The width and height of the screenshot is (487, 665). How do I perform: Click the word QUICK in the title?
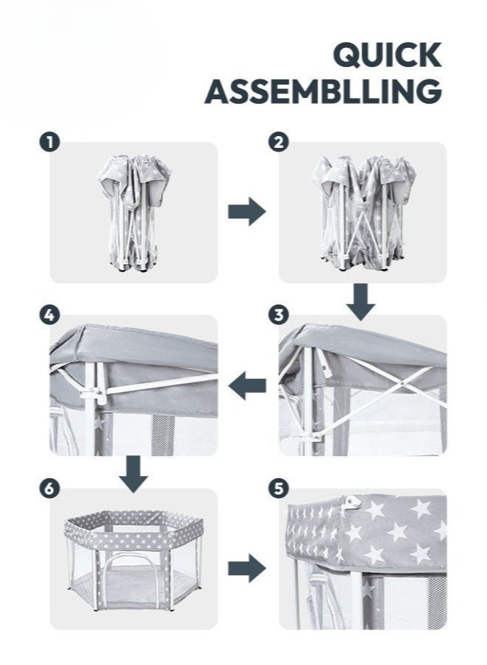point(387,55)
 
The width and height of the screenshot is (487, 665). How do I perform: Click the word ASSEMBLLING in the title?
point(323,91)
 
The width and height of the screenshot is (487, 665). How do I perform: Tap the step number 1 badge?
point(50,142)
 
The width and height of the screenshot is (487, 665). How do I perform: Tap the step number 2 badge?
point(279,142)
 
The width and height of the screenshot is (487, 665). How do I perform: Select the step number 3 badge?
point(279,315)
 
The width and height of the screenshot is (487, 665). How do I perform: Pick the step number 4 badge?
point(49,315)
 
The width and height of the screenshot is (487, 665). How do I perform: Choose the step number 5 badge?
point(279,488)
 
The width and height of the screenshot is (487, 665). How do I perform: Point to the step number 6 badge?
point(49,488)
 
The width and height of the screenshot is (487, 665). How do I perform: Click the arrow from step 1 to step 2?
point(247,211)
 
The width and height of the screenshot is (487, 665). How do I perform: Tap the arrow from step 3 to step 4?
point(247,385)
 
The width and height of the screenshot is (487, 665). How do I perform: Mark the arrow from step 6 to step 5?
point(247,568)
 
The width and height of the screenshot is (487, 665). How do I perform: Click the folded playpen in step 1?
point(134,213)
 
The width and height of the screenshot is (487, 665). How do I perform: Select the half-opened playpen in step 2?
point(363,213)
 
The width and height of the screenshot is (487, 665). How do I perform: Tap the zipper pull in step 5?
point(352,502)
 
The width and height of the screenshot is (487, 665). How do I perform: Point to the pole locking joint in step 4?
point(93,394)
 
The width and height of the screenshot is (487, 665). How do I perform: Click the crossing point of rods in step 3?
point(400,383)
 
